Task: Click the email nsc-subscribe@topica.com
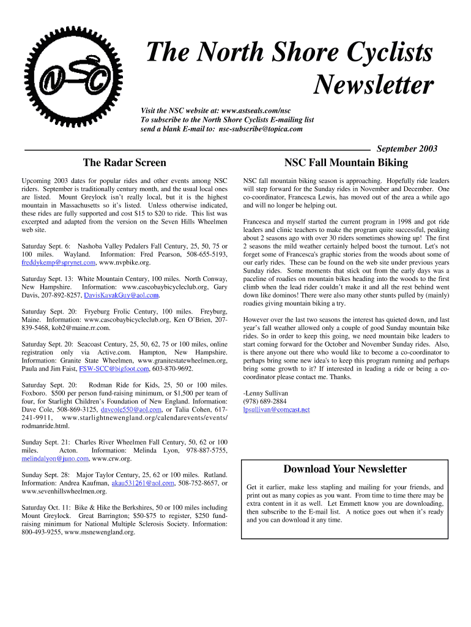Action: click(261, 129)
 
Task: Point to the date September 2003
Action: click(407, 149)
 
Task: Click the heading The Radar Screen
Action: click(124, 163)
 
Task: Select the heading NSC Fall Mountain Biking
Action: click(346, 163)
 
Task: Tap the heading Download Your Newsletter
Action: click(345, 469)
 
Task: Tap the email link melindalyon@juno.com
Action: click(54, 459)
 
